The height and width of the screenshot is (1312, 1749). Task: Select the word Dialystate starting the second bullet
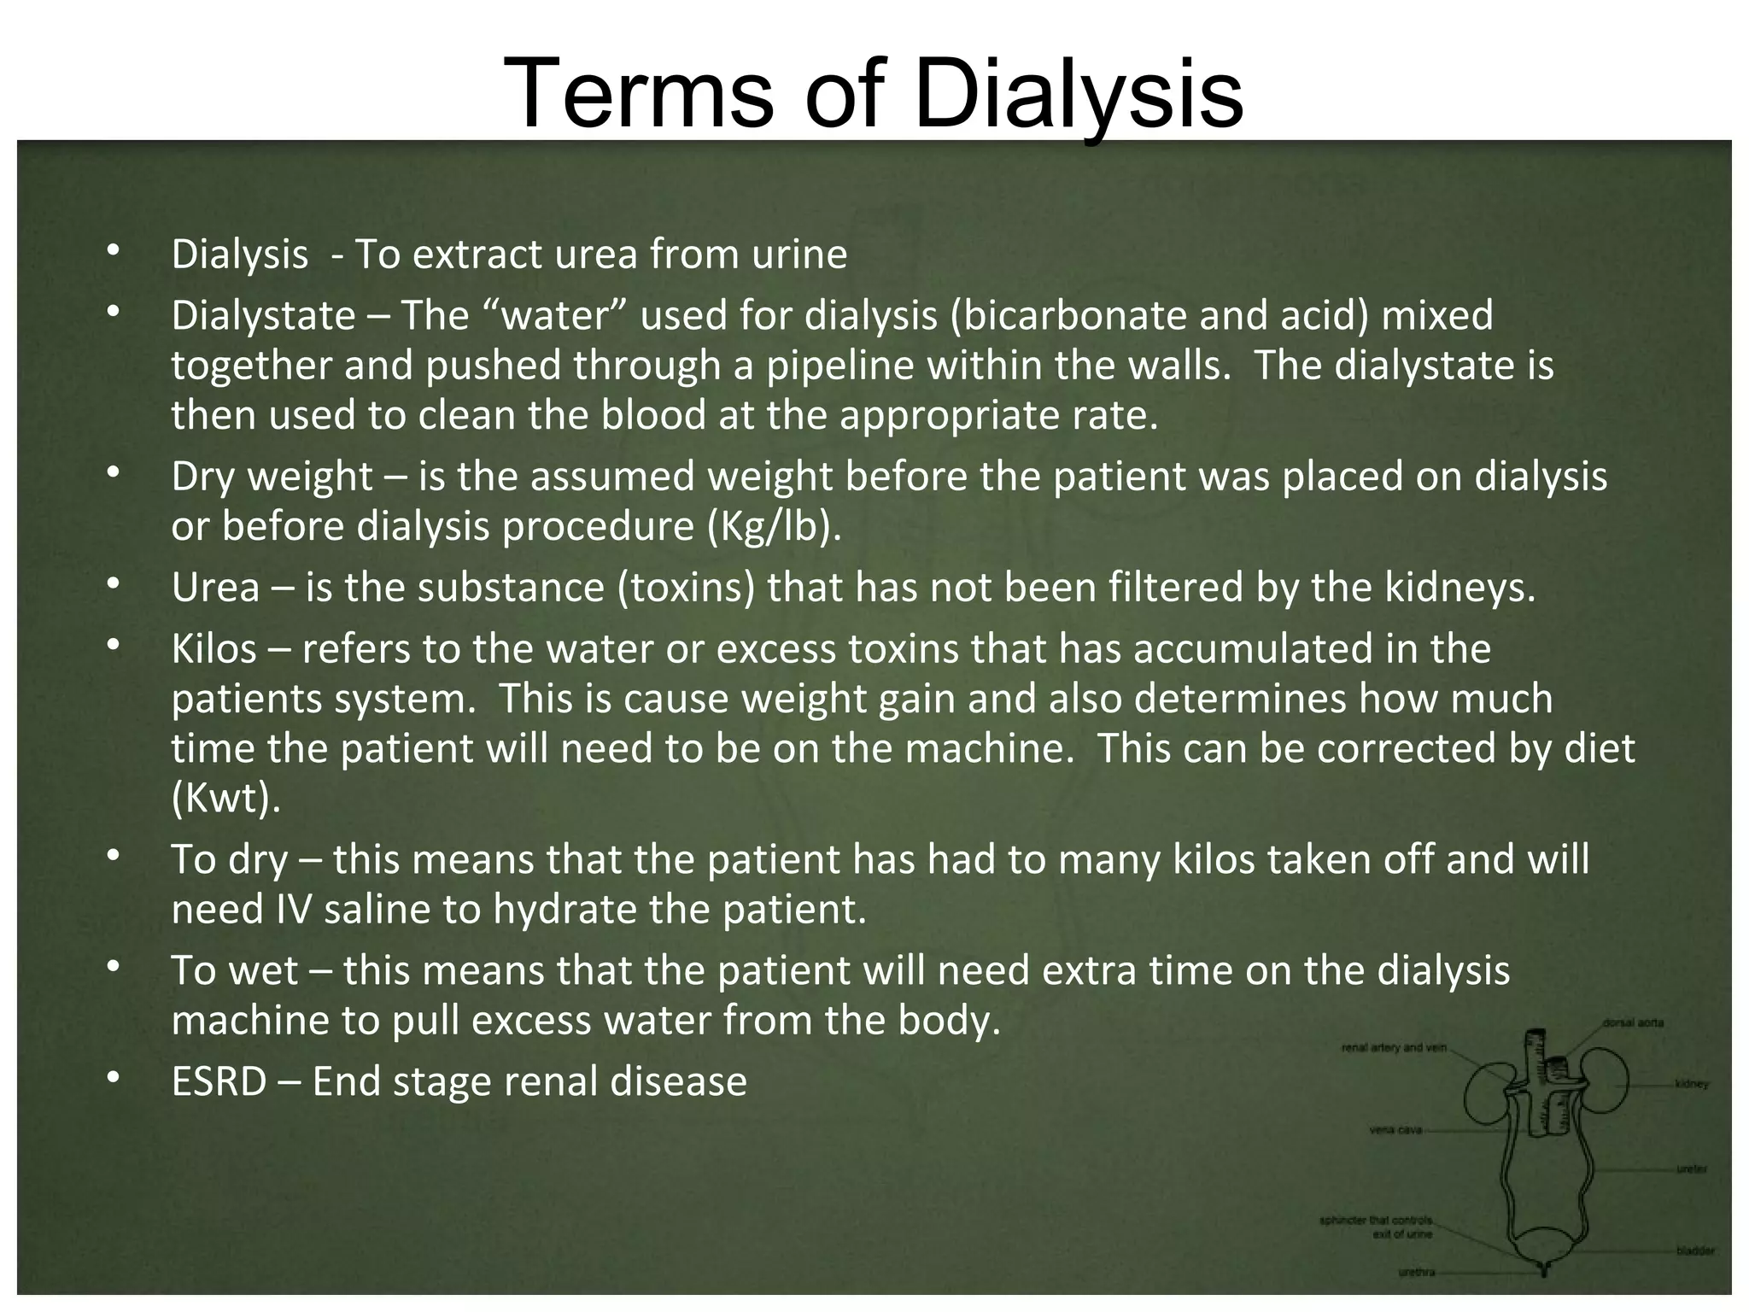click(263, 316)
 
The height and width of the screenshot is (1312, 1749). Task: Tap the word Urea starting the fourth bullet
click(215, 588)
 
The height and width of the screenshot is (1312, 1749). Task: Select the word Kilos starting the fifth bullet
click(214, 649)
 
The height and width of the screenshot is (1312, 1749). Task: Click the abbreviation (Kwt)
click(225, 799)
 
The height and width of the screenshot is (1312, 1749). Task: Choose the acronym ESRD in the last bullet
click(219, 1082)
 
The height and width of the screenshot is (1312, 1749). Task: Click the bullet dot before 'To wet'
click(111, 969)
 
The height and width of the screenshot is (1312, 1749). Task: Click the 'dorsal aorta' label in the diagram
click(1632, 1022)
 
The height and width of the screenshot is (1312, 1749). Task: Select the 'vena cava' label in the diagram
click(1395, 1130)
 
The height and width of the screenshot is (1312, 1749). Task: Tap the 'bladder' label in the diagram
click(1694, 1250)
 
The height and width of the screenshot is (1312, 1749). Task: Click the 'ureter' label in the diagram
click(1691, 1169)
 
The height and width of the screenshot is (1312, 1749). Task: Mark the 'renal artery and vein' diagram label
click(1394, 1047)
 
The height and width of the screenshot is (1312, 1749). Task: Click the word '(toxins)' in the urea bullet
click(687, 588)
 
